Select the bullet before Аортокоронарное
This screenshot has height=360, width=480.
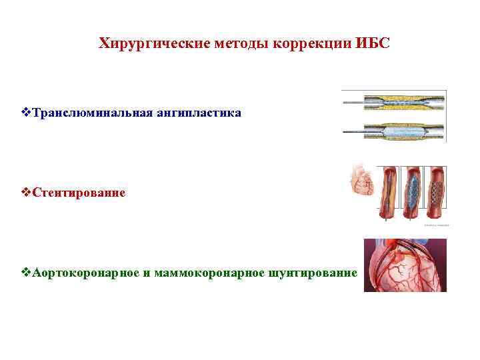(27, 273)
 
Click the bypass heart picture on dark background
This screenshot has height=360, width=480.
(405, 265)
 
